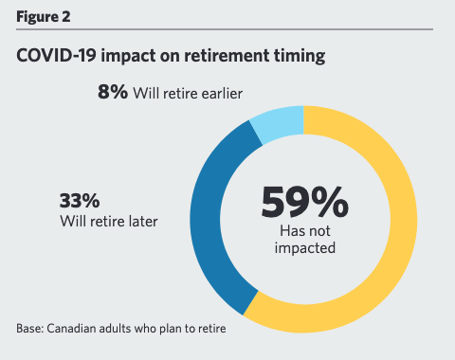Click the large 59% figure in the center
[303, 201]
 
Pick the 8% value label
[114, 94]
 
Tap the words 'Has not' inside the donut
[303, 231]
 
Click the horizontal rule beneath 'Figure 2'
[227, 30]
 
